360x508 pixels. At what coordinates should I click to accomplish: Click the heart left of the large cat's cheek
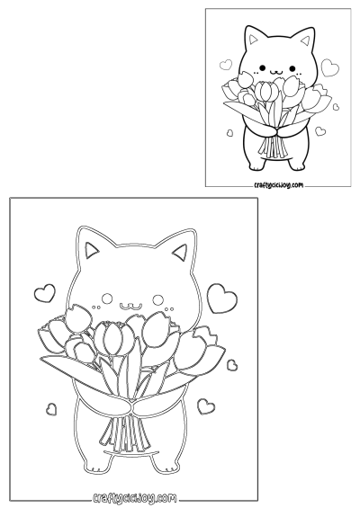coord(43,292)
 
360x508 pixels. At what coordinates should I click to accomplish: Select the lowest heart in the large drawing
coord(207,405)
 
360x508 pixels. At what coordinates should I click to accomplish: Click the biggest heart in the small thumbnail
coord(331,67)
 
